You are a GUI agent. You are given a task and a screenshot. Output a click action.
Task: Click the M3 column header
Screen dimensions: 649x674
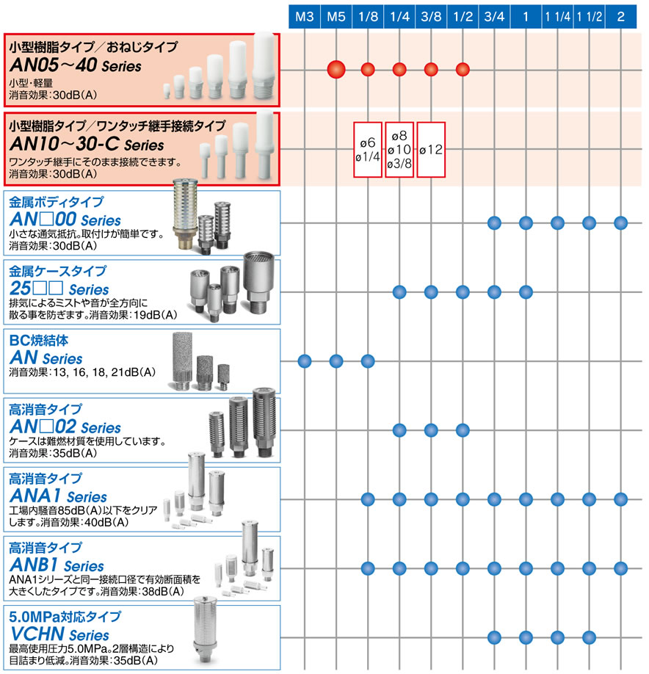304,17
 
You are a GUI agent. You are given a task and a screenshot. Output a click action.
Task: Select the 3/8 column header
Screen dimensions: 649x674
431,17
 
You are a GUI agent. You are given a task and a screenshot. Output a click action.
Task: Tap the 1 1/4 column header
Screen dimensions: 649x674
557,17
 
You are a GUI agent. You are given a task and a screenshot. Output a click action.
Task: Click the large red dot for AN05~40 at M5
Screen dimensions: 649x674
336,69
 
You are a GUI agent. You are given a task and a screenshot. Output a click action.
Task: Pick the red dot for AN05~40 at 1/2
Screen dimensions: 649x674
463,69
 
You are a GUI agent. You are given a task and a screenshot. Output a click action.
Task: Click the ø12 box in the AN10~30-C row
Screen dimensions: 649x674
431,150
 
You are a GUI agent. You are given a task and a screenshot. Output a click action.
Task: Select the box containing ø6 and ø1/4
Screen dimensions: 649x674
368,150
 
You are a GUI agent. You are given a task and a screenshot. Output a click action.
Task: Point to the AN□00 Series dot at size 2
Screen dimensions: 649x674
620,223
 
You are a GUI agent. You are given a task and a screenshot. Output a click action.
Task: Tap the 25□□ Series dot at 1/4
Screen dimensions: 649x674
399,292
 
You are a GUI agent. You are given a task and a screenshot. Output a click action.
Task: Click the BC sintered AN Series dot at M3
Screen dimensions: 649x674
304,361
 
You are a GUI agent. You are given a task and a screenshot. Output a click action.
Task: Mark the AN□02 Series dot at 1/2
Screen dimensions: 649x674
463,430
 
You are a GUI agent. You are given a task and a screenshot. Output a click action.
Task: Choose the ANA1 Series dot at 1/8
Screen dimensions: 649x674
368,499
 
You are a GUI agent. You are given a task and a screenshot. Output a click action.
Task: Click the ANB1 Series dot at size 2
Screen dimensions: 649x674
620,568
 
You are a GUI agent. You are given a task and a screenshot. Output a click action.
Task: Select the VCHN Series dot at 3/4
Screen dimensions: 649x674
494,637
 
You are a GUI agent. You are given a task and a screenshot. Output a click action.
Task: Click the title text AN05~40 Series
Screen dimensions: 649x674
76,65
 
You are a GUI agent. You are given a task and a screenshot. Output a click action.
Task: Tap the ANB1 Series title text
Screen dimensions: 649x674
57,565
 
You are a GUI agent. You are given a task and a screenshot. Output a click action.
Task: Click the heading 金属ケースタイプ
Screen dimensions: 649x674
57,271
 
